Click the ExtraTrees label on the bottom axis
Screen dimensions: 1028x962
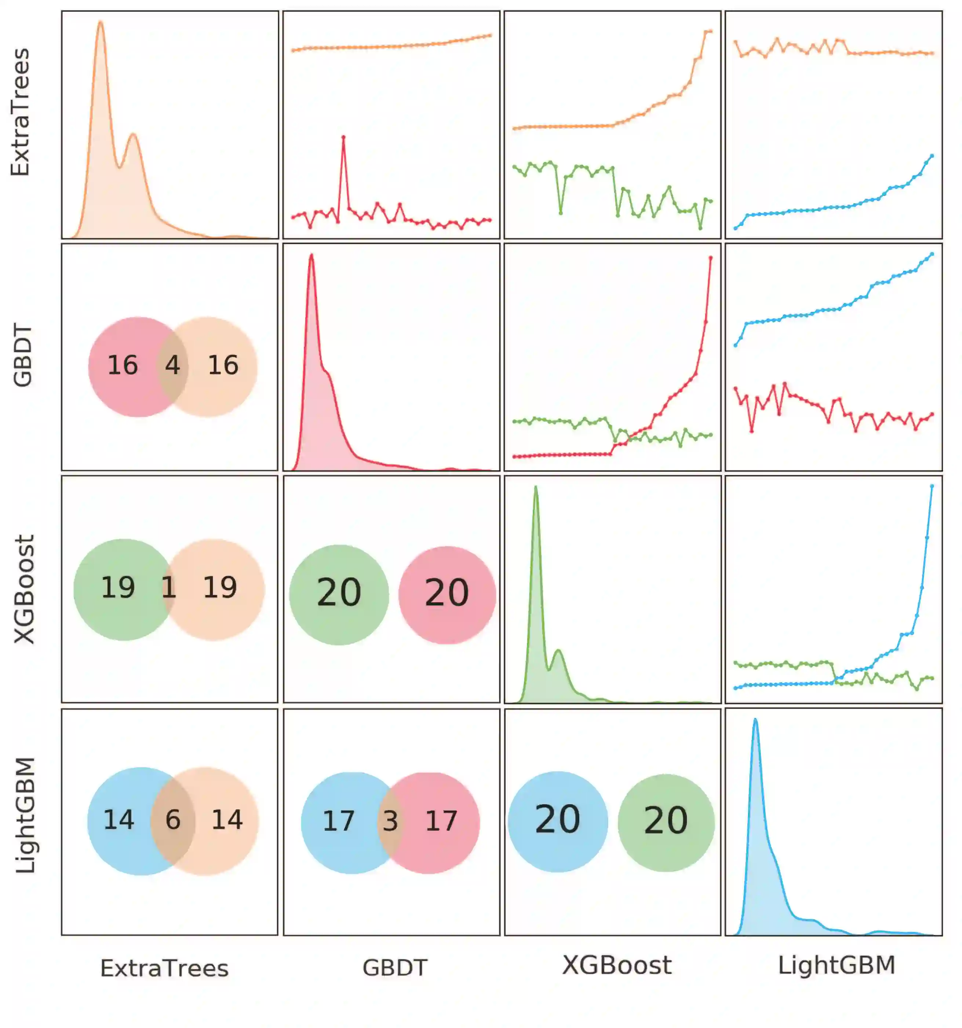click(x=164, y=969)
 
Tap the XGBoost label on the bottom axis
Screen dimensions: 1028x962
click(x=616, y=965)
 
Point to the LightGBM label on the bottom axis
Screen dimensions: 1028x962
click(x=836, y=965)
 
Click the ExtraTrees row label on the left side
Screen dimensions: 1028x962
click(x=21, y=112)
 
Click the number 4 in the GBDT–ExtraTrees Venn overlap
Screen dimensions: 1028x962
click(x=172, y=365)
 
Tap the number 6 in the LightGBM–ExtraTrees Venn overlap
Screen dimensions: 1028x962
click(x=173, y=820)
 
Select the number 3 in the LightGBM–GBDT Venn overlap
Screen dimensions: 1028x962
click(x=390, y=821)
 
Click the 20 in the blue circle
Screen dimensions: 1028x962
click(x=557, y=820)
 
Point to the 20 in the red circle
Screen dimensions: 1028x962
click(x=447, y=593)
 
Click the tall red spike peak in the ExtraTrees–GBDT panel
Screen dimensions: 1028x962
click(x=343, y=137)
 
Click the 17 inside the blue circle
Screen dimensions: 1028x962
click(x=338, y=821)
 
